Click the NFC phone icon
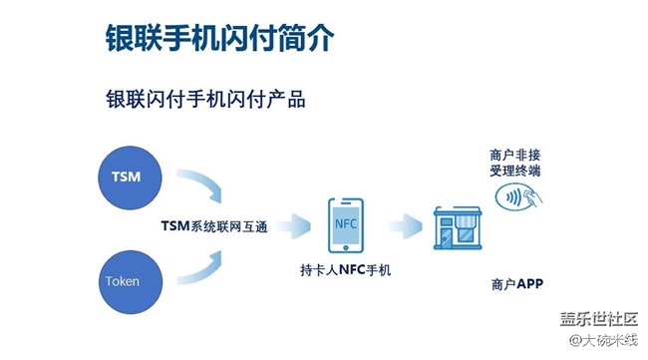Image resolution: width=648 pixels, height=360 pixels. click(x=345, y=226)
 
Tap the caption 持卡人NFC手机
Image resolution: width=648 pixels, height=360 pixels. click(x=346, y=269)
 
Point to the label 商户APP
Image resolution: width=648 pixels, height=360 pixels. click(x=516, y=285)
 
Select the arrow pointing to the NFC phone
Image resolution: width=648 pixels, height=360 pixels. click(x=295, y=224)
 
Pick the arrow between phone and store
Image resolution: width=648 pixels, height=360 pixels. click(x=404, y=224)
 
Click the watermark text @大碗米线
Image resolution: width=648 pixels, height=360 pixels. click(x=602, y=340)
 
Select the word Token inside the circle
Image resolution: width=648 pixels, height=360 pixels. click(x=123, y=282)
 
